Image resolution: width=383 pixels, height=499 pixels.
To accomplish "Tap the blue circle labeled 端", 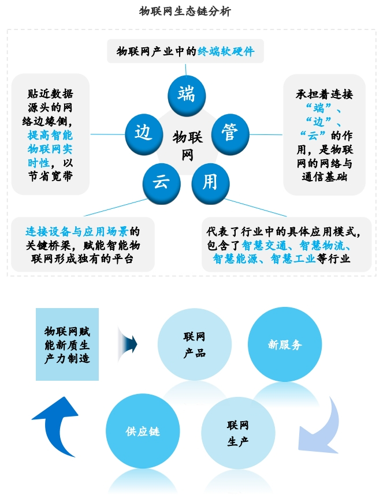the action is point(186,93).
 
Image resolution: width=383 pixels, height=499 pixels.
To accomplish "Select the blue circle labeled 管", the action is point(229,133).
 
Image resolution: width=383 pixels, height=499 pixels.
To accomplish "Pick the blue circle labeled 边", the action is point(143,133).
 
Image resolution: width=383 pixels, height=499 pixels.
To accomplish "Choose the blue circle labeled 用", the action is point(210,183).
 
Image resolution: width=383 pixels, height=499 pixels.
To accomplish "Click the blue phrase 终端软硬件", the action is point(226,51).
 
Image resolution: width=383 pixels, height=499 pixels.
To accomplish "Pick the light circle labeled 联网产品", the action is point(195,345).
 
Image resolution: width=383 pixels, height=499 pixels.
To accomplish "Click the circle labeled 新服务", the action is point(284,344).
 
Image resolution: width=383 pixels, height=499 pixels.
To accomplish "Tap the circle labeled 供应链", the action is point(143,431).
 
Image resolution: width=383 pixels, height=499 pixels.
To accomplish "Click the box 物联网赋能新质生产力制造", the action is point(67,344).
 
